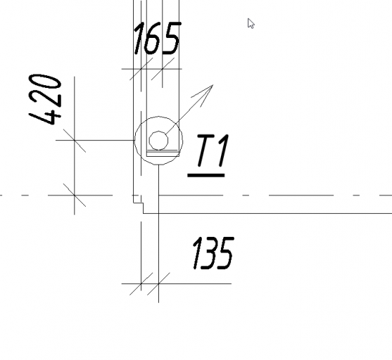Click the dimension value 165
tap(158, 38)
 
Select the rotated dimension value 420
tap(45, 99)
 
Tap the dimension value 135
tap(213, 253)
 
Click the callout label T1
tap(213, 150)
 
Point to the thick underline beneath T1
tap(206, 175)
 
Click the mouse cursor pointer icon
tap(251, 23)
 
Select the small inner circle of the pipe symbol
tap(158, 141)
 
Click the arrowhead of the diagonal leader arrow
tap(205, 93)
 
